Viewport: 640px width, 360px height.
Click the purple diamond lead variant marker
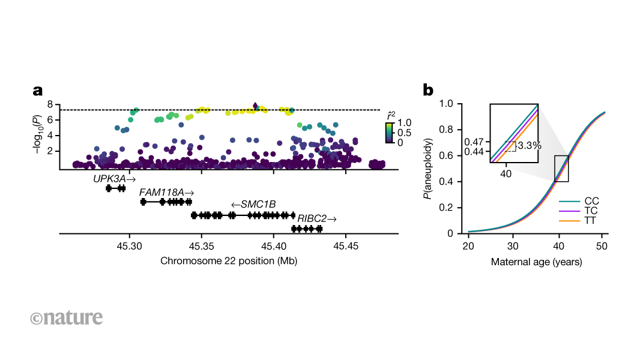point(256,106)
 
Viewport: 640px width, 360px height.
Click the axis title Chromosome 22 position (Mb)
point(229,261)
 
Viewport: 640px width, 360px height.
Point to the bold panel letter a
point(38,91)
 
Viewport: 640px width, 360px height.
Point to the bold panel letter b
point(428,91)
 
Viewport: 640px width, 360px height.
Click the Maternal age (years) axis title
point(536,262)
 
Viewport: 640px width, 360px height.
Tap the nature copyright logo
point(66,317)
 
